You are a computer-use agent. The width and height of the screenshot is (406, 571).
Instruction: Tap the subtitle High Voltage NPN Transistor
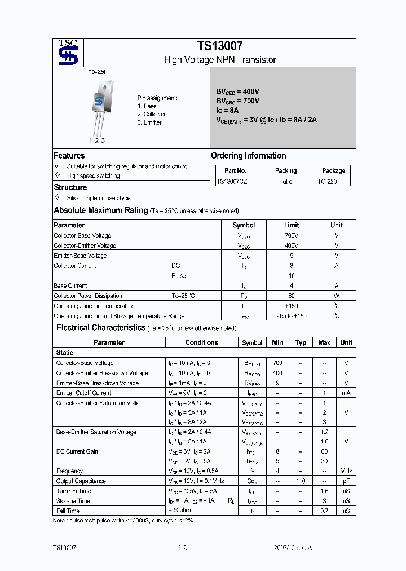pyautogui.click(x=219, y=60)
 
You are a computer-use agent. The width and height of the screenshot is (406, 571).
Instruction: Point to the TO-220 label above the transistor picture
pyautogui.click(x=96, y=72)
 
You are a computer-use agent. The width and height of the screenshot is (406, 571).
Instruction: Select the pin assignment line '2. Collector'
pyautogui.click(x=151, y=114)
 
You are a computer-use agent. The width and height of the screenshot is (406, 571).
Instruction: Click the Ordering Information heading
pyautogui.click(x=248, y=156)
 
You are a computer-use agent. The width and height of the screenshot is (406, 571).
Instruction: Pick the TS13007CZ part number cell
pyautogui.click(x=235, y=182)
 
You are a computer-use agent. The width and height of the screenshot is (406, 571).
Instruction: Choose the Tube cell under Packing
pyautogui.click(x=286, y=182)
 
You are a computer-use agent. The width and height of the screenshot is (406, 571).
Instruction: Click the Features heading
pyautogui.click(x=69, y=156)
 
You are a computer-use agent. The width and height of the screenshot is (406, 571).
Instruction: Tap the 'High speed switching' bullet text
pyautogui.click(x=93, y=175)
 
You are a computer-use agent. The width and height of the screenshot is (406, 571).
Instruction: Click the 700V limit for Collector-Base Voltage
pyautogui.click(x=292, y=235)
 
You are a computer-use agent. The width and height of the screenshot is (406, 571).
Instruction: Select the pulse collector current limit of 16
pyautogui.click(x=292, y=276)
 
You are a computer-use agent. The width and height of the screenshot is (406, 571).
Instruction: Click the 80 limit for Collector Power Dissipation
pyautogui.click(x=292, y=296)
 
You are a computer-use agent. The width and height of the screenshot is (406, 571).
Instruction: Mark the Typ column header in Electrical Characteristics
pyautogui.click(x=301, y=342)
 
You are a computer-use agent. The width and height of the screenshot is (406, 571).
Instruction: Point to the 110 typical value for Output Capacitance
pyautogui.click(x=301, y=481)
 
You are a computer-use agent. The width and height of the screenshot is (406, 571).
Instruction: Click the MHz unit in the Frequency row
pyautogui.click(x=346, y=471)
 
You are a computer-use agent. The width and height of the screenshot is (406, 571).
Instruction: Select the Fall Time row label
pyautogui.click(x=69, y=511)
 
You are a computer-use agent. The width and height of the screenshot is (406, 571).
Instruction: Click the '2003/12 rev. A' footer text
pyautogui.click(x=293, y=548)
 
